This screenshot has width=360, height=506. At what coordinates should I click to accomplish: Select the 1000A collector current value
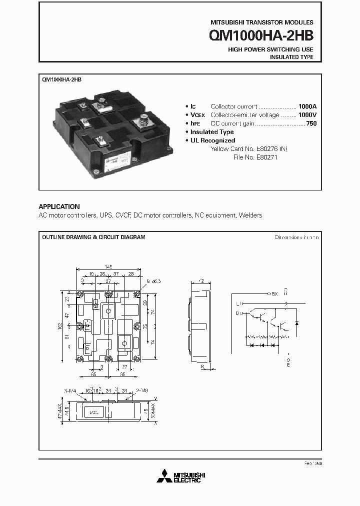[x=307, y=106]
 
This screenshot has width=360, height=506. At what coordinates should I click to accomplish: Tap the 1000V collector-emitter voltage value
[x=307, y=115]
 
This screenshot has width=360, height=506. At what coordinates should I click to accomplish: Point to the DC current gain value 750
[x=311, y=123]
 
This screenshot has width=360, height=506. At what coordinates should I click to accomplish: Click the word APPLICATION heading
[x=59, y=206]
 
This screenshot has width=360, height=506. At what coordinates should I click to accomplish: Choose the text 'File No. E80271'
[x=255, y=157]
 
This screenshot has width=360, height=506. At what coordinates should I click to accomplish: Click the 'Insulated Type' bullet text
[x=212, y=132]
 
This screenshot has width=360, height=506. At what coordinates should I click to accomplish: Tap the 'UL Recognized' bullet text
[x=212, y=140]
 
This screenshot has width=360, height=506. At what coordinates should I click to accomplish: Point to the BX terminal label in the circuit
[x=274, y=293]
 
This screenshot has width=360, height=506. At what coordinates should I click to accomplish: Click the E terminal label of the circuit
[x=287, y=365]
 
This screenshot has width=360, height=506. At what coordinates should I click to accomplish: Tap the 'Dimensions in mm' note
[x=296, y=237]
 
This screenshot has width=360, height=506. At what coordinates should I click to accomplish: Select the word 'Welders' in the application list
[x=250, y=215]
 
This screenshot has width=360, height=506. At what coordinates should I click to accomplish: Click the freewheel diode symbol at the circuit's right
[x=296, y=323]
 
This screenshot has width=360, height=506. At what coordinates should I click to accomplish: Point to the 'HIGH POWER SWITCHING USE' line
[x=270, y=49]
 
